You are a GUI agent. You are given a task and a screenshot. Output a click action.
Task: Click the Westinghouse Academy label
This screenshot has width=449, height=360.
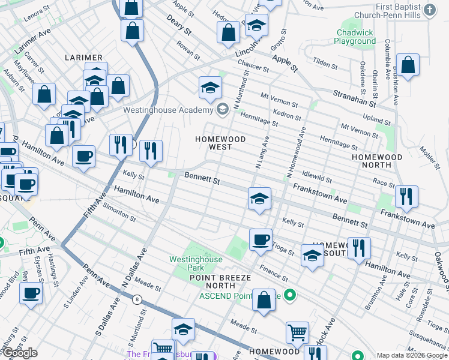[x=167, y=110]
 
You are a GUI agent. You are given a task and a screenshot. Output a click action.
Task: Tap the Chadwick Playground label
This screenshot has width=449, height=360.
[x=355, y=37]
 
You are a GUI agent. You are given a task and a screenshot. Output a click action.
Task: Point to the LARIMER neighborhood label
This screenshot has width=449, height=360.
[x=83, y=58]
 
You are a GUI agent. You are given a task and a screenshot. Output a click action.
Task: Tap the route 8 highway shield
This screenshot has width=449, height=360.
[x=137, y=299]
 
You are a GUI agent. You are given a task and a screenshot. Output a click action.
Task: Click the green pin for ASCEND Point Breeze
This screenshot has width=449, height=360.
[x=290, y=295]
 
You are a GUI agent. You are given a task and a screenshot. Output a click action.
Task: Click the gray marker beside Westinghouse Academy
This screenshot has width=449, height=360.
[x=223, y=109]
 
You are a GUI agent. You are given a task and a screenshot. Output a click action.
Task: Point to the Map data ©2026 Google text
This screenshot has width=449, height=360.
[x=412, y=355]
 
